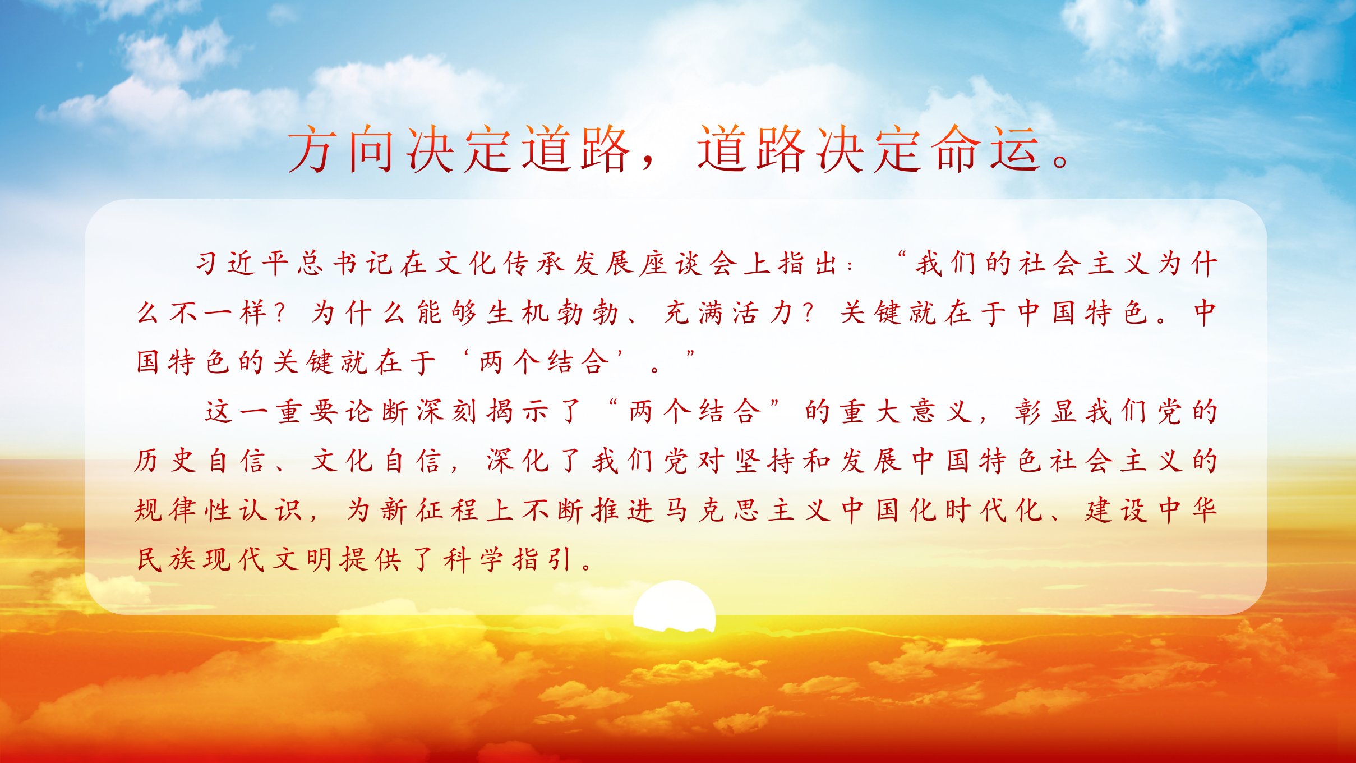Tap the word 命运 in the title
(986, 148)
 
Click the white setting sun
(675, 606)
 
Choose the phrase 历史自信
(200, 461)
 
